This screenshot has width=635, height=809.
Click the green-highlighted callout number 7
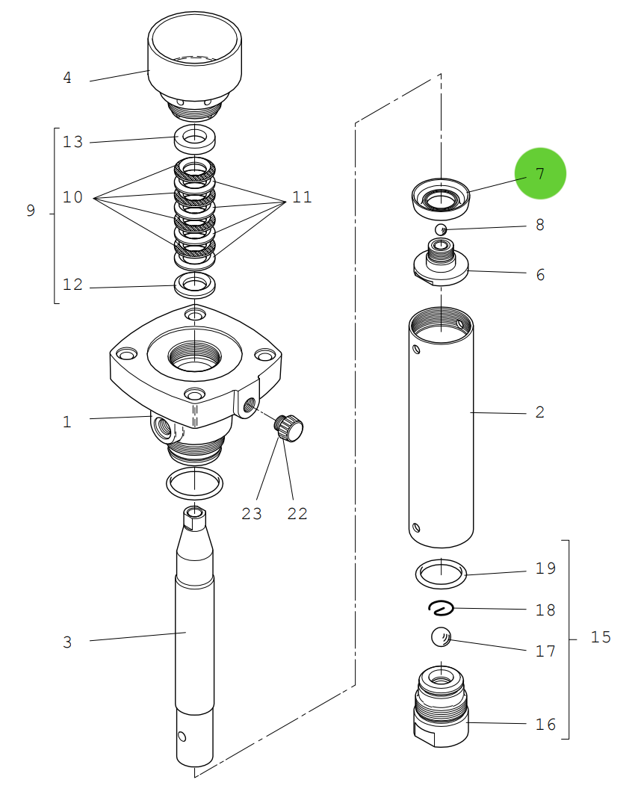click(540, 173)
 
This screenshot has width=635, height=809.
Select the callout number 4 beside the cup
click(67, 78)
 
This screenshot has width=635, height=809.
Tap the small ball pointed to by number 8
click(441, 229)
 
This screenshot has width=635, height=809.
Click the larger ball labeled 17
click(442, 637)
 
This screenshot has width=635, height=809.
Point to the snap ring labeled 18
click(441, 608)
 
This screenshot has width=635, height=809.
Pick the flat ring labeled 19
click(441, 574)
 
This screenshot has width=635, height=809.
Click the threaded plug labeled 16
click(441, 706)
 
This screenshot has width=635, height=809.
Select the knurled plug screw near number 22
click(290, 428)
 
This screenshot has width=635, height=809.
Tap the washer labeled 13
click(194, 137)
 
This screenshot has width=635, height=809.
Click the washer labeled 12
click(194, 284)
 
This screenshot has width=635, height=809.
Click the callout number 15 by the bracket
click(601, 637)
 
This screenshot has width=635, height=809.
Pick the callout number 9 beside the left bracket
click(31, 211)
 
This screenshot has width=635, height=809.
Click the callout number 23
click(252, 514)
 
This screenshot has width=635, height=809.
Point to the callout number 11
click(301, 197)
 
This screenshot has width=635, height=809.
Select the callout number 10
click(72, 197)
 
